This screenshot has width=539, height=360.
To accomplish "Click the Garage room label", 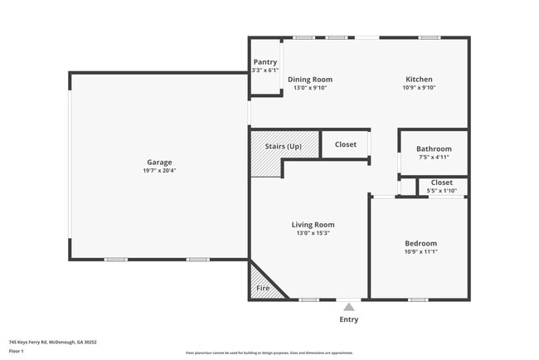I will click(159, 162).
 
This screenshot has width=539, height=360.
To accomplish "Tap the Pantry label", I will click(265, 61).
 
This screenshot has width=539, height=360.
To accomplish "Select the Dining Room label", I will click(310, 80).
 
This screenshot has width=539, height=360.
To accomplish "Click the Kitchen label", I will click(418, 80).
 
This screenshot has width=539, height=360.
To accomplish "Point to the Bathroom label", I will click(434, 148).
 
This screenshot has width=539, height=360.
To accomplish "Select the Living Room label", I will click(313, 224).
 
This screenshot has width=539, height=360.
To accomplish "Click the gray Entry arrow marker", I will click(349, 306).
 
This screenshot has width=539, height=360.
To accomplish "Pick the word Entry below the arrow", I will click(349, 319).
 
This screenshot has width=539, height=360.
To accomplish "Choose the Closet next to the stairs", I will click(346, 144).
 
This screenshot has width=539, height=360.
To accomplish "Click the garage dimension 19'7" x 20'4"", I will click(159, 171).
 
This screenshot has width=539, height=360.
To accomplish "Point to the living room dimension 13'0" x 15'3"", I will click(313, 233).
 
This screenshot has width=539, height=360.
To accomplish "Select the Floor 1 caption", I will click(17, 351).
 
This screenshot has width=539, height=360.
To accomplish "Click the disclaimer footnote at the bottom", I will click(269, 353).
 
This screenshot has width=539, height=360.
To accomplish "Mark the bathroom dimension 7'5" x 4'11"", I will click(434, 157).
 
